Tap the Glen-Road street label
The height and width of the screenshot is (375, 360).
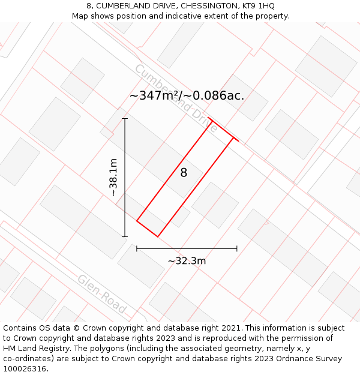pyautogui.click(x=102, y=294)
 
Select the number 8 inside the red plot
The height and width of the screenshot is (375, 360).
pyautogui.click(x=184, y=173)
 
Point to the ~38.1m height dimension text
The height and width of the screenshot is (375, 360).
pyautogui.click(x=113, y=178)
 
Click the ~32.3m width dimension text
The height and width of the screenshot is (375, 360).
pyautogui.click(x=187, y=261)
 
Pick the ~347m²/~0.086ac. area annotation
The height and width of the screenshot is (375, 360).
pyautogui.click(x=187, y=95)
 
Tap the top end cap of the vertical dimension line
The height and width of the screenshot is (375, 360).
pyautogui.click(x=125, y=119)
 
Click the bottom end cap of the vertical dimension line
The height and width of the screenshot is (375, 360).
pyautogui.click(x=125, y=237)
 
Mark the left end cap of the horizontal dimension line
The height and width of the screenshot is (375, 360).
pyautogui.click(x=137, y=248)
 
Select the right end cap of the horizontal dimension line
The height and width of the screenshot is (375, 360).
pyautogui.click(x=237, y=248)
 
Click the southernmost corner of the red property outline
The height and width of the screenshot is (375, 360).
pyautogui.click(x=157, y=236)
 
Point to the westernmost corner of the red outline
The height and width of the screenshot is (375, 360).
pyautogui.click(x=137, y=221)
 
